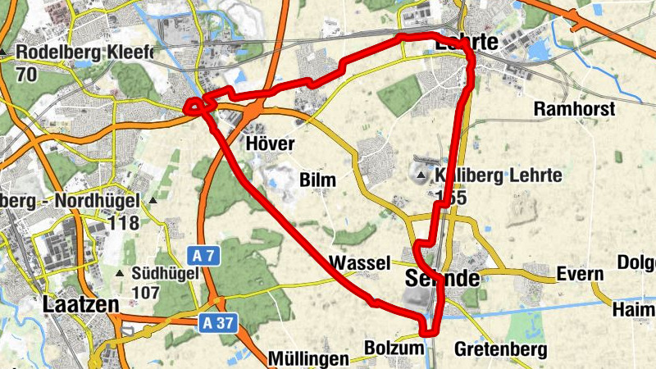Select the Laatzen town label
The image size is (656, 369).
pos(80,305)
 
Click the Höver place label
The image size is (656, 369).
pos(270,144)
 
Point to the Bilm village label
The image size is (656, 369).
pos(318,180)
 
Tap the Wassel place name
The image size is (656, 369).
pos(358,263)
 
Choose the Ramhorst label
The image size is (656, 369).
pos(574,108)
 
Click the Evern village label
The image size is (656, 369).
pos(580,274)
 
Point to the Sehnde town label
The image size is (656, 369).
pos(442,278)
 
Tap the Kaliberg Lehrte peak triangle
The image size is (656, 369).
pos(421,175)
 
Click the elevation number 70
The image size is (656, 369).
pos(25,75)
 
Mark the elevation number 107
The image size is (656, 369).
pos(144,292)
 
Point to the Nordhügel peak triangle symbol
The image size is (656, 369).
pos(153,201)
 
